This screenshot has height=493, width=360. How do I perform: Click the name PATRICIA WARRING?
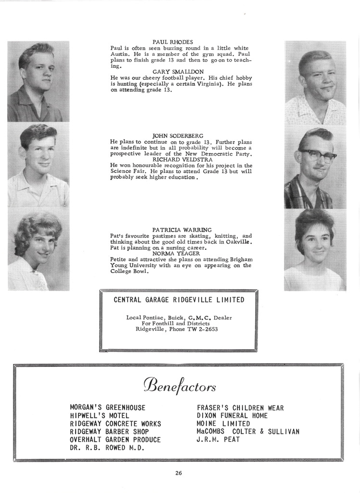pos(181,230)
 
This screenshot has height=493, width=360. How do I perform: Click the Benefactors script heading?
pos(180,386)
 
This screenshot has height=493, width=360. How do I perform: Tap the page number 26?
pos(179,473)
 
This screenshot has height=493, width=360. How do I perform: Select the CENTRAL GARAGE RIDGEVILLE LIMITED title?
pos(179,300)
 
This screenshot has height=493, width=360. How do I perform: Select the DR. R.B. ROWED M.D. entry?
pos(108,448)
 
